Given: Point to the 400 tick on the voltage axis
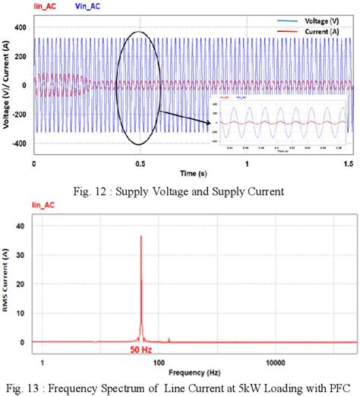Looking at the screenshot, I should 21,28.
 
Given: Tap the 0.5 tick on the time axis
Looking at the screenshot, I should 140,164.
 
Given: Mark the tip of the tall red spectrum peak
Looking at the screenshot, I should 141,236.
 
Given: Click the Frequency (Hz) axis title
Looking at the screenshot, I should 187,373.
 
